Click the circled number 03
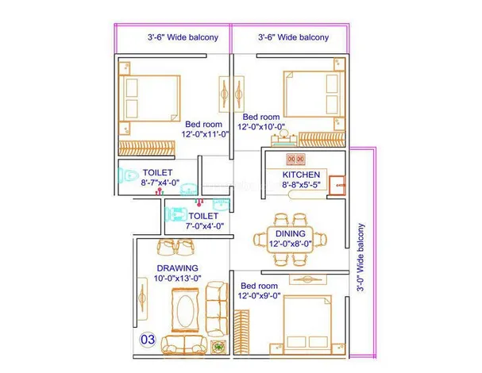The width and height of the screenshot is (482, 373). (148, 340)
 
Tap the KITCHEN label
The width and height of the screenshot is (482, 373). (301, 175)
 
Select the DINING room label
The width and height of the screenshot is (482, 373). (291, 233)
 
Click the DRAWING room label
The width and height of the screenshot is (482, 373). (177, 268)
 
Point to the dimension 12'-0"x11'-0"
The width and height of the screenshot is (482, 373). (205, 134)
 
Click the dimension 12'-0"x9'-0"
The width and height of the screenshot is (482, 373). (259, 295)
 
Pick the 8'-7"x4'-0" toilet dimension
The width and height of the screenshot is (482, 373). (160, 183)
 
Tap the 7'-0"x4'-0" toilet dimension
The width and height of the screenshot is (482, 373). (204, 226)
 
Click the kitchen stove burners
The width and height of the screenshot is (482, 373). (295, 160)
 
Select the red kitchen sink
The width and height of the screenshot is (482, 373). (337, 185)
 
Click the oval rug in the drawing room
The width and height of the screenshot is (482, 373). (185, 310)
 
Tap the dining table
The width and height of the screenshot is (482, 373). (290, 240)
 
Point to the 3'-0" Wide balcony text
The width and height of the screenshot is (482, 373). (361, 257)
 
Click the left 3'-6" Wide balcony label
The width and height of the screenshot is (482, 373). (183, 37)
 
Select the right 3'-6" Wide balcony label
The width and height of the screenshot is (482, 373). (293, 37)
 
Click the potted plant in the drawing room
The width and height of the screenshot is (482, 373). (218, 347)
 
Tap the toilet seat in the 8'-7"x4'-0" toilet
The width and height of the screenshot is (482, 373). (129, 175)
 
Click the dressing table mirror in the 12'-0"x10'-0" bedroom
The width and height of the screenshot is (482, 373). (283, 133)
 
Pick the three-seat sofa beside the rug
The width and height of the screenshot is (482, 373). (217, 309)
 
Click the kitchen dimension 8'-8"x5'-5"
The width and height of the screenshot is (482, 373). (301, 185)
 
